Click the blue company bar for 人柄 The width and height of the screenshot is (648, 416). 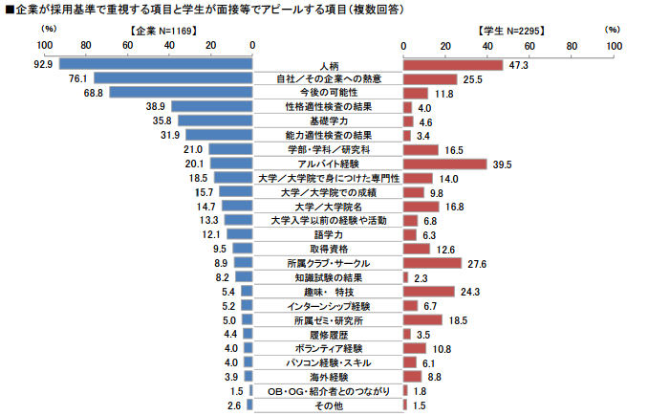pos(156,65)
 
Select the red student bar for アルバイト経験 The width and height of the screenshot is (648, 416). pos(444,164)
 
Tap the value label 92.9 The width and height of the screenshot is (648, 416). pos(42,65)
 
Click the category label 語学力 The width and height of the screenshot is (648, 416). pos(328,234)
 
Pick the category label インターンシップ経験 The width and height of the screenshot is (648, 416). pos(328,306)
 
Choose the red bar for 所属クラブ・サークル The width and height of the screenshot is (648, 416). pos(432,263)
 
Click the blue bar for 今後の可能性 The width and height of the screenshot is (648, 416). pos(181,93)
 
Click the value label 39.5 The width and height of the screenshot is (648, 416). pos(503,164)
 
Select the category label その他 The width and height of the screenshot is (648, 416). pos(328,405)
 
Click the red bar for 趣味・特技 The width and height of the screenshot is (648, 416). pos(428,292)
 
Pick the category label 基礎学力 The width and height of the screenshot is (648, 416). pos(328,121)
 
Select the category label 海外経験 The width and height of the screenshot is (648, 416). pos(328,377)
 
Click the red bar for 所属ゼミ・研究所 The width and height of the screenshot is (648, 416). pos(422,320)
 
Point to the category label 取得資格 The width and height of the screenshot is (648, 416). pos(328,249)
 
